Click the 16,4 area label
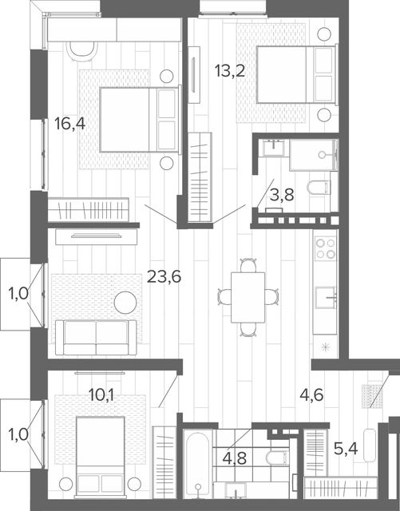click(x=69, y=124)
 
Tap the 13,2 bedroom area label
click(x=230, y=71)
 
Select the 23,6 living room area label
click(x=164, y=277)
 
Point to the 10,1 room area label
click(x=101, y=395)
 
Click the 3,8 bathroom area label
click(x=282, y=195)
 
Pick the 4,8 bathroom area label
click(x=235, y=458)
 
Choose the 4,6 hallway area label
click(x=311, y=395)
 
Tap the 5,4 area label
click(x=346, y=449)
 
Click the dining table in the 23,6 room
click(x=248, y=297)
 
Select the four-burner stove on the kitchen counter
click(x=325, y=248)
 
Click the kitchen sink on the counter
click(x=325, y=297)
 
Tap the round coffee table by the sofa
click(x=125, y=303)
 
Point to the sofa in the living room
click(x=96, y=337)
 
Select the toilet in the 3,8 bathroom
click(x=319, y=188)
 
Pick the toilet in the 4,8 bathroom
click(x=277, y=458)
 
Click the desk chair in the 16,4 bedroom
click(x=81, y=50)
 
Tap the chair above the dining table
click(x=248, y=265)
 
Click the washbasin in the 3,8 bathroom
click(x=275, y=148)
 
